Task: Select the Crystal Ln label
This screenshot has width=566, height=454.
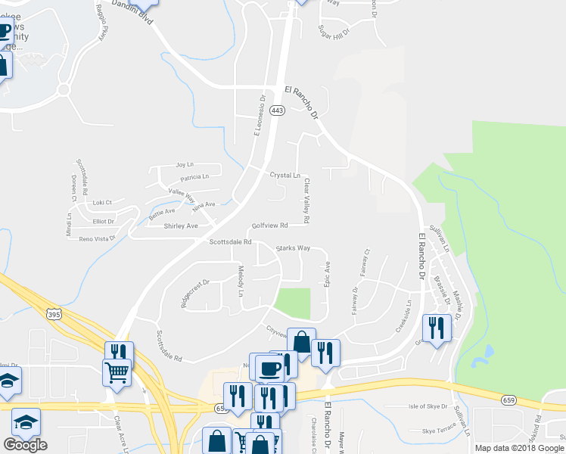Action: point(285,176)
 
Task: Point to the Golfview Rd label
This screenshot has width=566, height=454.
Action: point(270,225)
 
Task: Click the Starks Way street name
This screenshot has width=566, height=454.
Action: point(293,248)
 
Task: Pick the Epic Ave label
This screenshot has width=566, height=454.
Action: point(328,274)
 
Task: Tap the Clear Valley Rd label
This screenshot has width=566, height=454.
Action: point(306,201)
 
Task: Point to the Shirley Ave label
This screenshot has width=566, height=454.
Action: point(181,225)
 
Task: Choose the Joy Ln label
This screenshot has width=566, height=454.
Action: point(185,164)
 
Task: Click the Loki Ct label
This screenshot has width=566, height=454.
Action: point(101,202)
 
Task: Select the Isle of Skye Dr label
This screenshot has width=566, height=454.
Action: point(428,406)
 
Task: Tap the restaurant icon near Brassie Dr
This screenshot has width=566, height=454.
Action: point(437,328)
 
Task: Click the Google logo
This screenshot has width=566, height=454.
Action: point(25,445)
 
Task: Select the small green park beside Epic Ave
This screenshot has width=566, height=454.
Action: point(293,303)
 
